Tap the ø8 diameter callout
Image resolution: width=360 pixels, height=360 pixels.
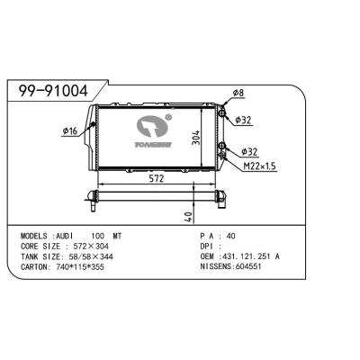click(x=238, y=93)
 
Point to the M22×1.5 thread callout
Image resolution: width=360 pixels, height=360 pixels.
click(x=260, y=166)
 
